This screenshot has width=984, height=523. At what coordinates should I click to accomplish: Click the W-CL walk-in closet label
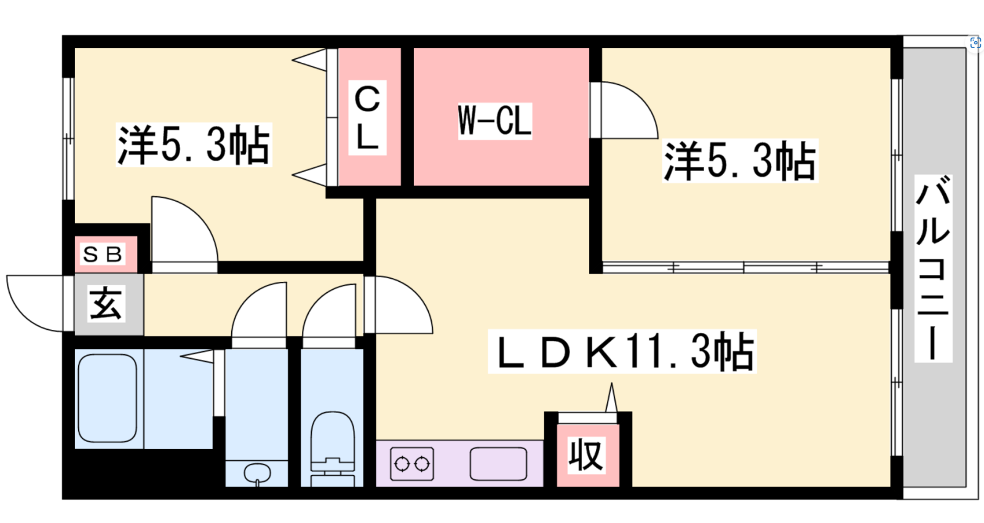tap(494, 121)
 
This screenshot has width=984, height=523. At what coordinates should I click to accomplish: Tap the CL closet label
tap(368, 118)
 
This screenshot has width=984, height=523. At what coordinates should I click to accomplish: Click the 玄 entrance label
tap(106, 303)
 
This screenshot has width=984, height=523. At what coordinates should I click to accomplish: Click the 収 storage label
tap(586, 455)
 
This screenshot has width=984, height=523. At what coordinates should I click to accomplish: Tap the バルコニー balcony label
tap(932, 268)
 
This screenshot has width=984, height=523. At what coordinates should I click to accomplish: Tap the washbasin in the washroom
tap(256, 473)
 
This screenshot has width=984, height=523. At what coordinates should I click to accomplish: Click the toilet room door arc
tap(329, 311)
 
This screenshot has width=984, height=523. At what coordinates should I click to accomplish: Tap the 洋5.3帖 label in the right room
tap(740, 161)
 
